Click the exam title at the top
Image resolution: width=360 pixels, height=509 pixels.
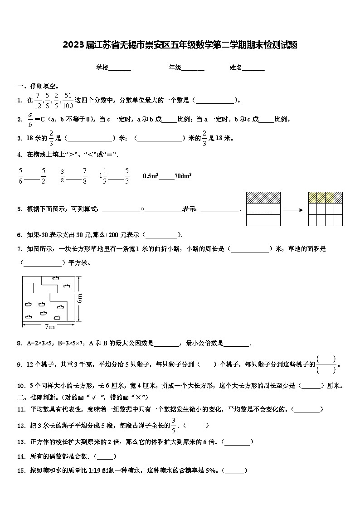[x=180, y=44]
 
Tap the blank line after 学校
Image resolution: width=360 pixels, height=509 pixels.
[x=120, y=68]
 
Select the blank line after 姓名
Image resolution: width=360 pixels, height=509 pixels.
[x=253, y=68]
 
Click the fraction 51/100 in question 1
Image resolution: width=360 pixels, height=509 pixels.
[x=68, y=100]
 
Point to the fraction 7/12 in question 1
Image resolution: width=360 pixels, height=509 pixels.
[x=37, y=100]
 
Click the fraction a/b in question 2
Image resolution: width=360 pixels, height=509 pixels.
[x=30, y=119]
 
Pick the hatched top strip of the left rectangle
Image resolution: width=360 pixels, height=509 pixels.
[x=263, y=197]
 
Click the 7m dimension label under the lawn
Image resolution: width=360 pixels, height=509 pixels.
[x=50, y=326]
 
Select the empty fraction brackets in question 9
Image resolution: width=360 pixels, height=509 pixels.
[x=326, y=364]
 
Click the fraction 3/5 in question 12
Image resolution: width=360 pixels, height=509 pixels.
[x=173, y=426]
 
